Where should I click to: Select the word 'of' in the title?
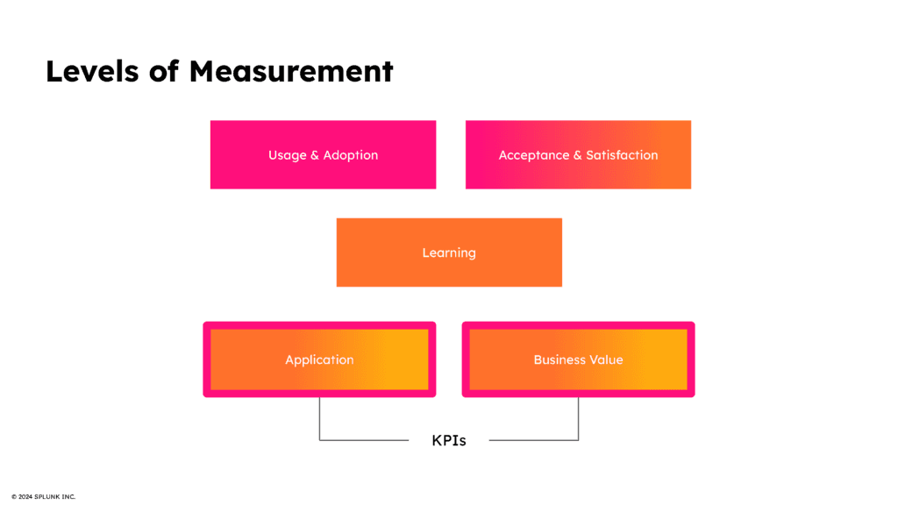pyautogui.click(x=164, y=71)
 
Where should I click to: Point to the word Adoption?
pyautogui.click(x=351, y=155)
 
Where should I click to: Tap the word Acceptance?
pyautogui.click(x=533, y=155)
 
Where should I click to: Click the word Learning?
pyautogui.click(x=449, y=252)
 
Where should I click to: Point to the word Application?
pyautogui.click(x=319, y=359)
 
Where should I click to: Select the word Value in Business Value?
pyautogui.click(x=605, y=359)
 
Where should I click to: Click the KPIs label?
pyautogui.click(x=449, y=440)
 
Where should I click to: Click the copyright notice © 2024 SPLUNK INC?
pyautogui.click(x=43, y=497)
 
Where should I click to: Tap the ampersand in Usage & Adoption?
pyautogui.click(x=314, y=155)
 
